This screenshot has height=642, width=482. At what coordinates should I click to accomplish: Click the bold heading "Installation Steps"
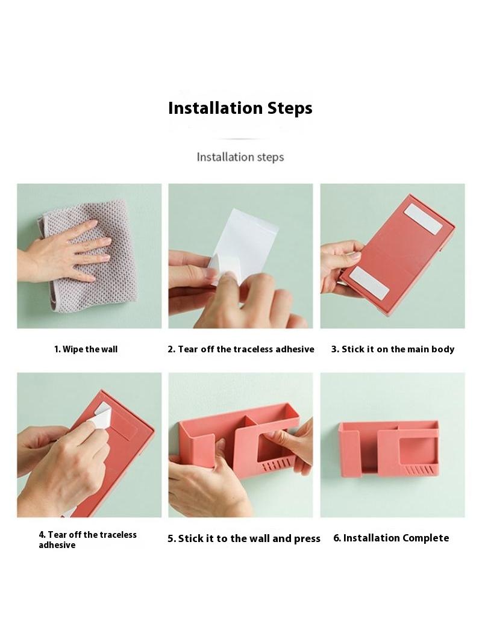pyautogui.click(x=240, y=108)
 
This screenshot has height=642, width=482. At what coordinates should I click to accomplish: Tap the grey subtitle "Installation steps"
pyautogui.click(x=240, y=157)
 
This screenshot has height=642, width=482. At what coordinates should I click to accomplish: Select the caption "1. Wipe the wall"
pyautogui.click(x=86, y=349)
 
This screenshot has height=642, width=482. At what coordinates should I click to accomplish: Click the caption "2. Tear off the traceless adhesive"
pyautogui.click(x=241, y=349)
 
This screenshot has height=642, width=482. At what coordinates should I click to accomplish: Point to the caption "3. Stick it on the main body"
pyautogui.click(x=393, y=349)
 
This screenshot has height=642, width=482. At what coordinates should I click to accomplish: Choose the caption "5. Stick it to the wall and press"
pyautogui.click(x=243, y=538)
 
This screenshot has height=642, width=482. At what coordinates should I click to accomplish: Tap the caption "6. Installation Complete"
pyautogui.click(x=391, y=538)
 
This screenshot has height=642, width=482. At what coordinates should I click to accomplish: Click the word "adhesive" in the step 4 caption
pyautogui.click(x=57, y=545)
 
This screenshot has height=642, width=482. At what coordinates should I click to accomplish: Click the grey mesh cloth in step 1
pyautogui.click(x=88, y=256)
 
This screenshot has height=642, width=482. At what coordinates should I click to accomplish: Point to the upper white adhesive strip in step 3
pyautogui.click(x=423, y=219)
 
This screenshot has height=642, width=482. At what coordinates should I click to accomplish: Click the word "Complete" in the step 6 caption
pyautogui.click(x=426, y=538)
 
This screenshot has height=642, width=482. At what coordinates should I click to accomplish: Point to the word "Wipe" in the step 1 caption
pyautogui.click(x=72, y=349)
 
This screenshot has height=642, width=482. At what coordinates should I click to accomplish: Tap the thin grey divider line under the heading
pyautogui.click(x=240, y=139)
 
